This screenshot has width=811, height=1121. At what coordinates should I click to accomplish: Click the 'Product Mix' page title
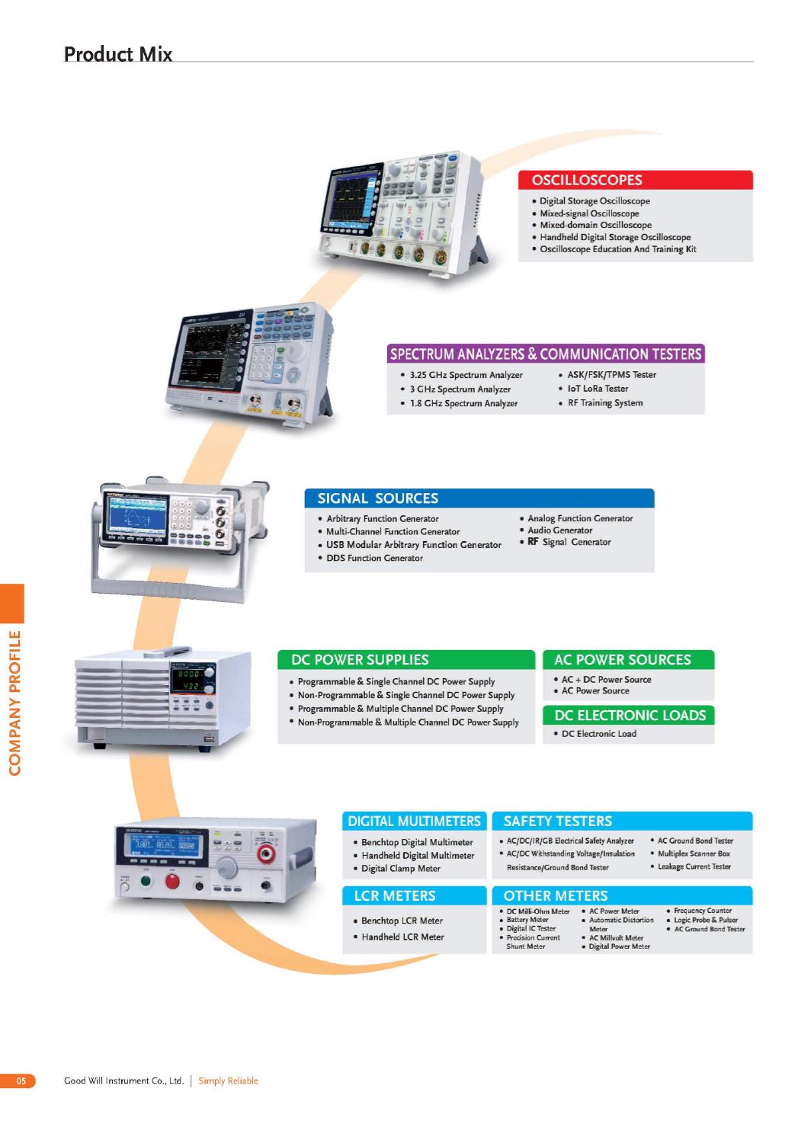pos(117,54)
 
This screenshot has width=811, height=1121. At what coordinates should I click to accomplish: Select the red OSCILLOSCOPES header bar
pos(635,180)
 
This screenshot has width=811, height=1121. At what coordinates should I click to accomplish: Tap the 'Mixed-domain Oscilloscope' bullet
pos(595,226)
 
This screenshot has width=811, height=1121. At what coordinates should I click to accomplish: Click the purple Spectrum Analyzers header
pos(546,354)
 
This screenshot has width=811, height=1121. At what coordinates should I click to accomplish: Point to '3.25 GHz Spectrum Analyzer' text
pos(466,375)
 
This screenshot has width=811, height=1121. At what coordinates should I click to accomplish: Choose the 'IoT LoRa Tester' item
pos(598,389)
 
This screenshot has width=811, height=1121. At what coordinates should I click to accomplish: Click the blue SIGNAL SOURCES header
pos(479,498)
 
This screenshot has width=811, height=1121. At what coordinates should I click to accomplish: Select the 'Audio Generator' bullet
pos(559,530)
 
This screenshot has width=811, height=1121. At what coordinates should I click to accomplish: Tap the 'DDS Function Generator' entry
pos(374,558)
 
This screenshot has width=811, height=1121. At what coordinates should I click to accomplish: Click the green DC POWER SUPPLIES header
pos(406,660)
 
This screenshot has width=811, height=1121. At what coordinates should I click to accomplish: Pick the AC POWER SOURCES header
pos(628,660)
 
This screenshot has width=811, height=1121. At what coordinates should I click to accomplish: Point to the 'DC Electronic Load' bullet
pos(599,734)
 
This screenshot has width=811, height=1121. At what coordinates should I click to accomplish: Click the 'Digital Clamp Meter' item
pos(400,869)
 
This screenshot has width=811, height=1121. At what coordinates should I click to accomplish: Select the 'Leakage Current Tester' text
pos(694,866)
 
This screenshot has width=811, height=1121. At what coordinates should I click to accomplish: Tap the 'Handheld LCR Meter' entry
pos(402,937)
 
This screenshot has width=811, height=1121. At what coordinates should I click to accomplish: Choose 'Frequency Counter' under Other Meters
pos(702,911)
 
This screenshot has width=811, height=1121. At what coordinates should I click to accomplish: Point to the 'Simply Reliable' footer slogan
pos(228,1081)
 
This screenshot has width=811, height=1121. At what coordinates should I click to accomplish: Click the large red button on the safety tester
pos(172,880)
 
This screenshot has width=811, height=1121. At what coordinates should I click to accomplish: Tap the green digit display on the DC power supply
pos(188,680)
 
